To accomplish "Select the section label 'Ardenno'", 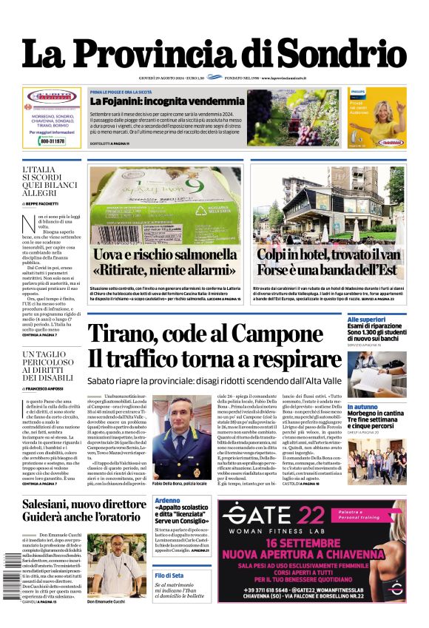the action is [167, 501].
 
